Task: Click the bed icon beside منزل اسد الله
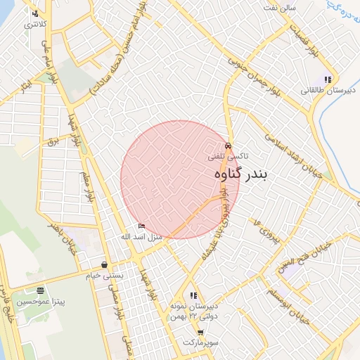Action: coord(142,226)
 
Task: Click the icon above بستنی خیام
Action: coord(105,265)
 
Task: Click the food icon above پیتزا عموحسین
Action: coord(41,290)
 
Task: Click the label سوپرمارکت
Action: coord(201,342)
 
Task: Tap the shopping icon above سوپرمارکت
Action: coord(200,332)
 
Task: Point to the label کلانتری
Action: coord(36,25)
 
